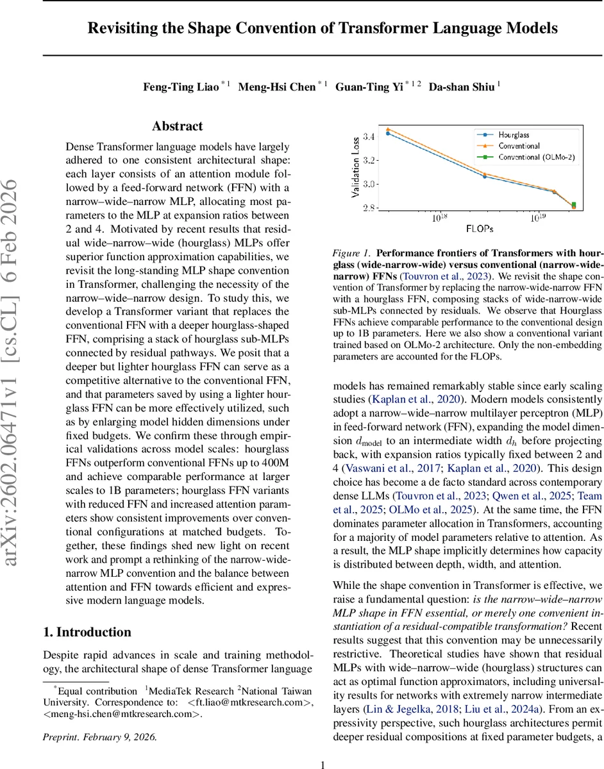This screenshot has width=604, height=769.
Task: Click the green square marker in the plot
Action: (x=573, y=205)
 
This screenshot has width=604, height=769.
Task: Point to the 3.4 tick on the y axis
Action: (x=367, y=136)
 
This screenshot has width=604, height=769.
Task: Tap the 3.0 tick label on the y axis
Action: (x=367, y=185)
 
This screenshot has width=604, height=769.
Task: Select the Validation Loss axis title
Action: (x=355, y=168)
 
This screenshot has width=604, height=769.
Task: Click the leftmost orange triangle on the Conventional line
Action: (x=388, y=129)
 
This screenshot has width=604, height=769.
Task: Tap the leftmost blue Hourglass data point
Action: (x=388, y=133)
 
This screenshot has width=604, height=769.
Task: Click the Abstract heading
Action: (x=178, y=126)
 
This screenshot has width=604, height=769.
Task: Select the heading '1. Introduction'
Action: (x=87, y=632)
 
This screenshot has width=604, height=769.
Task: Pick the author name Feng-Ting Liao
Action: (x=181, y=87)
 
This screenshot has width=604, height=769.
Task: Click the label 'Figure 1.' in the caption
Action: (x=351, y=254)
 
